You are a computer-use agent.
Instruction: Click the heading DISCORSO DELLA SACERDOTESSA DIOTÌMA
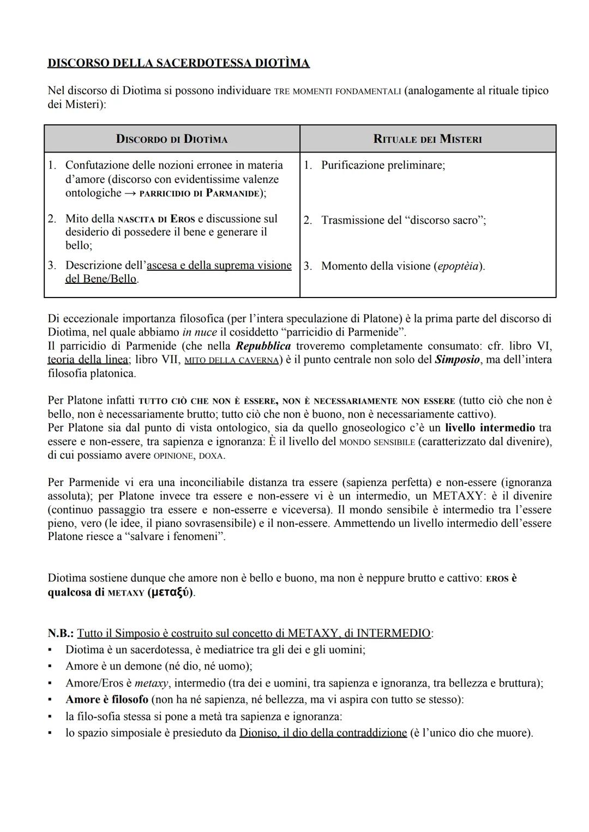point(178,63)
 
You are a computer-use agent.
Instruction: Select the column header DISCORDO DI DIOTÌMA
point(172,139)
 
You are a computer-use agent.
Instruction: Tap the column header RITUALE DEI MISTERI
point(428,139)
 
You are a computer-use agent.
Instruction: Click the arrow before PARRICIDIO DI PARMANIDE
point(130,193)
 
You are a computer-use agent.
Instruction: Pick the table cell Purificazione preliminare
point(382,165)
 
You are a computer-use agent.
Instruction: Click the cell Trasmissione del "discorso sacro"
point(403,220)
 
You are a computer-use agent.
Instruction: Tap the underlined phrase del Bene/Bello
point(101,279)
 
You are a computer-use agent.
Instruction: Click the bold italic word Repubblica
point(263,346)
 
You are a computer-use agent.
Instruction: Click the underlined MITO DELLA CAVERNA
point(232,360)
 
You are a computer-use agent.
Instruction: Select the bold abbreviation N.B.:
point(60,633)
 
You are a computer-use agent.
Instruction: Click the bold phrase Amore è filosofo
point(107,699)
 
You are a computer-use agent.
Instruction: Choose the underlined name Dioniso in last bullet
point(256,733)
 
